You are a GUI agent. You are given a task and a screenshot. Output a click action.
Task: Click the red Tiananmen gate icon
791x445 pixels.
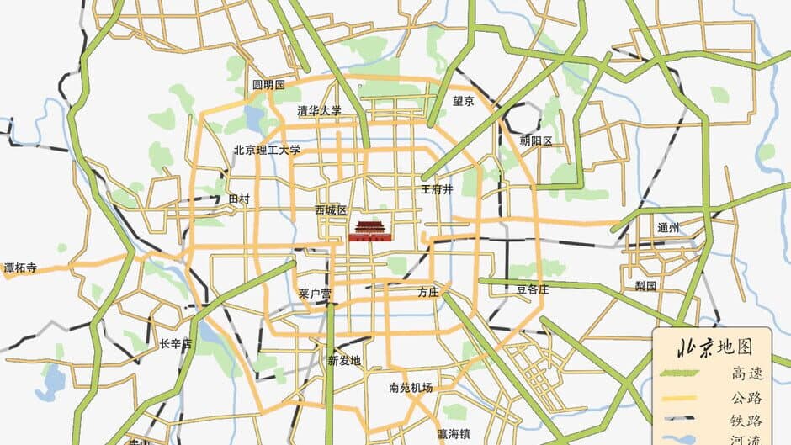tap(370, 230)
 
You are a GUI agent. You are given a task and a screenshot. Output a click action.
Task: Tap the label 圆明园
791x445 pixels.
tap(269, 86)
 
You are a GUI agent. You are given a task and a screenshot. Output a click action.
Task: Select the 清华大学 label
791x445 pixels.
tap(320, 110)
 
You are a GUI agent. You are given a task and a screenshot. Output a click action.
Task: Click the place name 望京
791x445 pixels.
tap(464, 101)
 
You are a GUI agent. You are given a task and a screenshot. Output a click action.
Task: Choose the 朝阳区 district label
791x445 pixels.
tap(536, 140)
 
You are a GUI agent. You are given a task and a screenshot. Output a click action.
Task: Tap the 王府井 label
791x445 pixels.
tap(437, 189)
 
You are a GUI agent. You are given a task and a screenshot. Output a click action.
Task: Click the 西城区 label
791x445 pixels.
tap(331, 209)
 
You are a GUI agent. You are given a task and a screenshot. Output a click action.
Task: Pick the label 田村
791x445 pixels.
tap(240, 199)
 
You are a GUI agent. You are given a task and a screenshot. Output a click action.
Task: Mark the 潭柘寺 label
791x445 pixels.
tap(20, 268)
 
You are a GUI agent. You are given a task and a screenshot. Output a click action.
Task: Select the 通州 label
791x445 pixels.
tap(668, 228)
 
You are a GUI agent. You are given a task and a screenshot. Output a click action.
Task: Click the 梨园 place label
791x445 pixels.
tap(645, 286)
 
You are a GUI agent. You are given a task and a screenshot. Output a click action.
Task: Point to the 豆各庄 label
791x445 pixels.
tap(533, 289)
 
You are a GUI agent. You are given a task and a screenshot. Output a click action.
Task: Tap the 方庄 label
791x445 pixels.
tap(428, 292)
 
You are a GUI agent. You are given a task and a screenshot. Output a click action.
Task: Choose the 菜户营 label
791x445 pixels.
tap(315, 294)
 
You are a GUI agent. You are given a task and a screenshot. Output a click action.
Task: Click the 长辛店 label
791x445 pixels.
tap(176, 344)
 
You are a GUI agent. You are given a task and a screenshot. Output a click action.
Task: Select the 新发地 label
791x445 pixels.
tap(344, 360)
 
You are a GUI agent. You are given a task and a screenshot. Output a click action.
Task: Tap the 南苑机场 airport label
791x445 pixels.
tap(411, 388)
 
